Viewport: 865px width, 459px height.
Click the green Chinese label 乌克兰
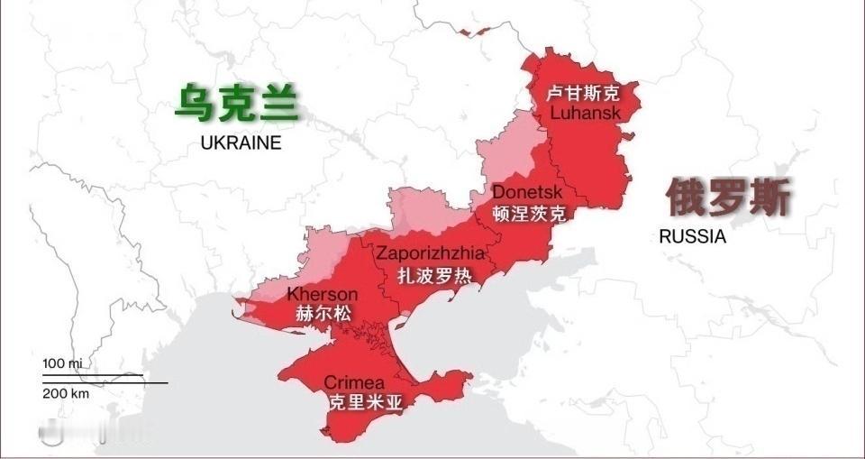click(x=236, y=103)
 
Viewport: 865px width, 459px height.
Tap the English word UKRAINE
click(x=241, y=142)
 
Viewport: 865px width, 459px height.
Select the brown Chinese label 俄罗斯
click(x=729, y=197)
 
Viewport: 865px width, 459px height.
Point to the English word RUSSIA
click(x=692, y=237)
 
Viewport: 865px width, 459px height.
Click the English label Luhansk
click(x=585, y=114)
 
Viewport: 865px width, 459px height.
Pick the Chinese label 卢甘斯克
click(x=585, y=94)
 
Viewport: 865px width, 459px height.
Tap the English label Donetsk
click(x=527, y=193)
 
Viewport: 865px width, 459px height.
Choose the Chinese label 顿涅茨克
click(x=530, y=214)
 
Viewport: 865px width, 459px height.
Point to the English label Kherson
click(x=322, y=295)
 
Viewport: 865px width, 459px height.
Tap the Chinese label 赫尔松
click(x=323, y=315)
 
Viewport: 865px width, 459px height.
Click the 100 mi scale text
click(x=62, y=363)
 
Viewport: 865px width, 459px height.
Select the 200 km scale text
click(x=66, y=394)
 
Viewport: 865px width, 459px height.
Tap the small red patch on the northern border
click(x=465, y=32)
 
